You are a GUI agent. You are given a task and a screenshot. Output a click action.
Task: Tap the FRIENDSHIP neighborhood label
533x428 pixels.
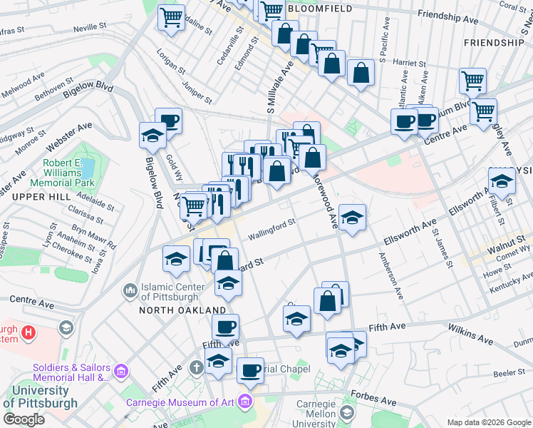click(x=493, y=43)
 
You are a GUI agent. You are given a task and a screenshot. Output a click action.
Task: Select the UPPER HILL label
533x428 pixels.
click(x=25, y=195)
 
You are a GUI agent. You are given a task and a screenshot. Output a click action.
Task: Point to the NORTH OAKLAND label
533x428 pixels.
click(x=182, y=310)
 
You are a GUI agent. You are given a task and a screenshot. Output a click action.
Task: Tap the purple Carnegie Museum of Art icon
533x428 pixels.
click(x=247, y=402)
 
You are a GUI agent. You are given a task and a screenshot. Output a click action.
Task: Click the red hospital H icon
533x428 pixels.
click(x=29, y=332)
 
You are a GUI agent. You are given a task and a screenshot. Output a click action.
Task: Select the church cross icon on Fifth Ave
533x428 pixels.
click(x=197, y=368)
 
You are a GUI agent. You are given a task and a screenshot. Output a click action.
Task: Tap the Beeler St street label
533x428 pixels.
click(x=509, y=373)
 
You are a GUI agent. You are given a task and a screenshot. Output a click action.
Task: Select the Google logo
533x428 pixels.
click(x=24, y=419)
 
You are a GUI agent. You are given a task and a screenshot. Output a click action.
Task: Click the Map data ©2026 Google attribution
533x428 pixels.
click(x=489, y=422)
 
